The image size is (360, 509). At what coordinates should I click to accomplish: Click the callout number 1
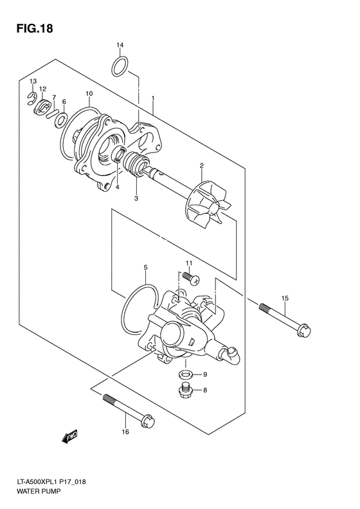[x=152, y=100]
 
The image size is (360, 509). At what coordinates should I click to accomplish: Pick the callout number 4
[x=118, y=187]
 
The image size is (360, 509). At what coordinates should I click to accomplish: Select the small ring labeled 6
[x=61, y=119]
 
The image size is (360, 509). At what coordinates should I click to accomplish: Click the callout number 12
[x=42, y=89]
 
